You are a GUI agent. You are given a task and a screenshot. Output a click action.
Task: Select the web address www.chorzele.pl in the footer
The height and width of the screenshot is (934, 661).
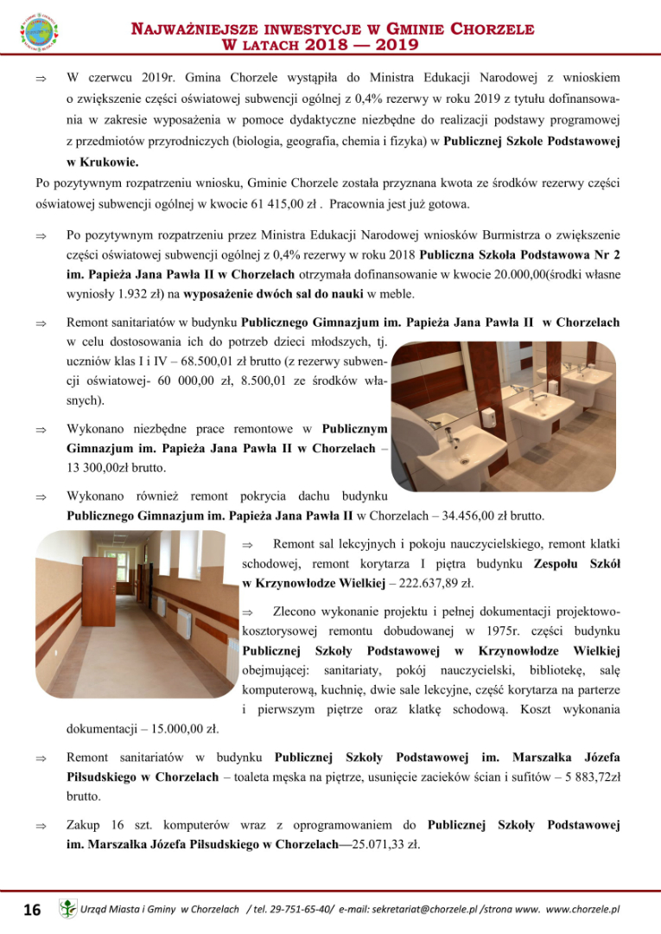pyautogui.click(x=584, y=909)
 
